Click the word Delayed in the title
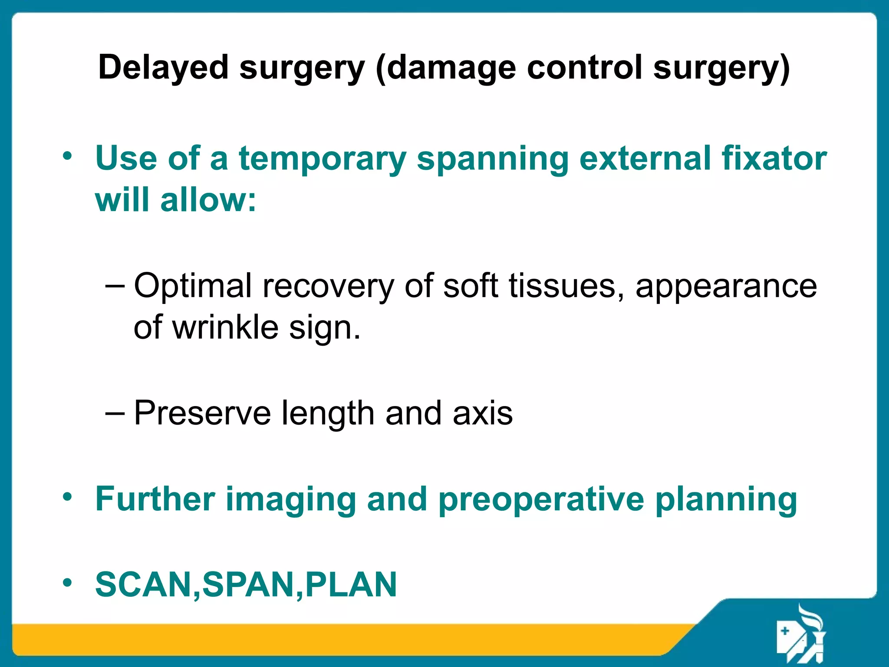tap(163, 68)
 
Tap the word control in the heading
tap(584, 68)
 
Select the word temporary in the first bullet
tap(322, 159)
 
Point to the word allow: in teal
tap(208, 200)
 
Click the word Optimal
tap(193, 286)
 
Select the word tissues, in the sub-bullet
tap(566, 286)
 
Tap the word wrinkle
tap(225, 327)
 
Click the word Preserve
tap(202, 413)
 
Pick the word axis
tap(482, 413)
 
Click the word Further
tap(155, 499)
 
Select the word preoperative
tap(541, 500)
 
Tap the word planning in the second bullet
tap(726, 500)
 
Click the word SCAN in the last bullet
tap(143, 584)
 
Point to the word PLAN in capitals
tap(351, 584)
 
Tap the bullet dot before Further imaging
tap(67, 497)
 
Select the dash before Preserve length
tap(115, 413)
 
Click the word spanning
tap(492, 159)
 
